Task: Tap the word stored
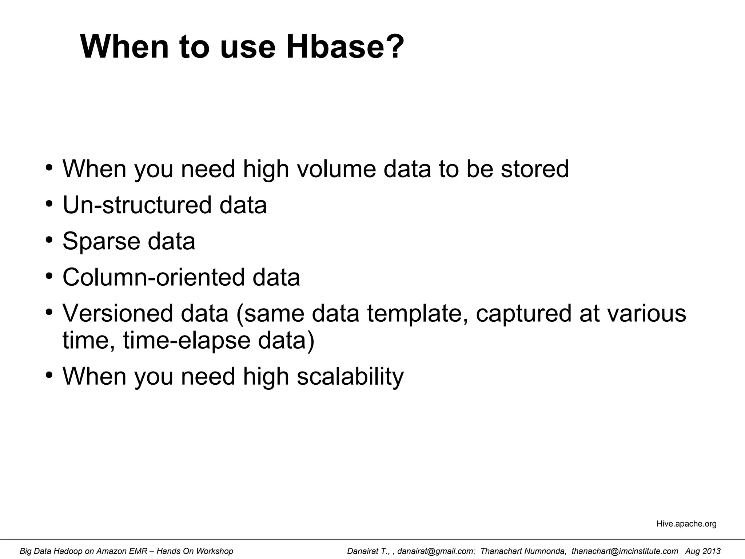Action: pos(534,169)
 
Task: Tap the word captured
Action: pos(524,313)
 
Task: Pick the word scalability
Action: pos(350,376)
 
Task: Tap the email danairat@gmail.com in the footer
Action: pos(436,551)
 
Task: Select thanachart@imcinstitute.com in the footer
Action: pos(625,551)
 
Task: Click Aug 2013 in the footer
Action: pos(703,551)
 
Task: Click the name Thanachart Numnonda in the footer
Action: pos(522,551)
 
